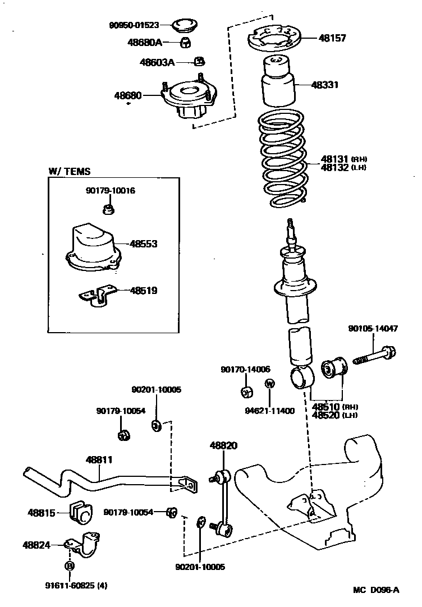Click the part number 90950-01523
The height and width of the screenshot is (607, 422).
(134, 25)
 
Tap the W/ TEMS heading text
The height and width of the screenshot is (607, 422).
(69, 172)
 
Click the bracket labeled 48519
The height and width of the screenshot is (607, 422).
(98, 294)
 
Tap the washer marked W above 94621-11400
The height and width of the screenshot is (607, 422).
(269, 384)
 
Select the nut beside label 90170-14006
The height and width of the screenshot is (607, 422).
(246, 391)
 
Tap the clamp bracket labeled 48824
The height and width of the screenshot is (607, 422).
(85, 545)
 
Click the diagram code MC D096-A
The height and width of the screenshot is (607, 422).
(376, 589)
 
